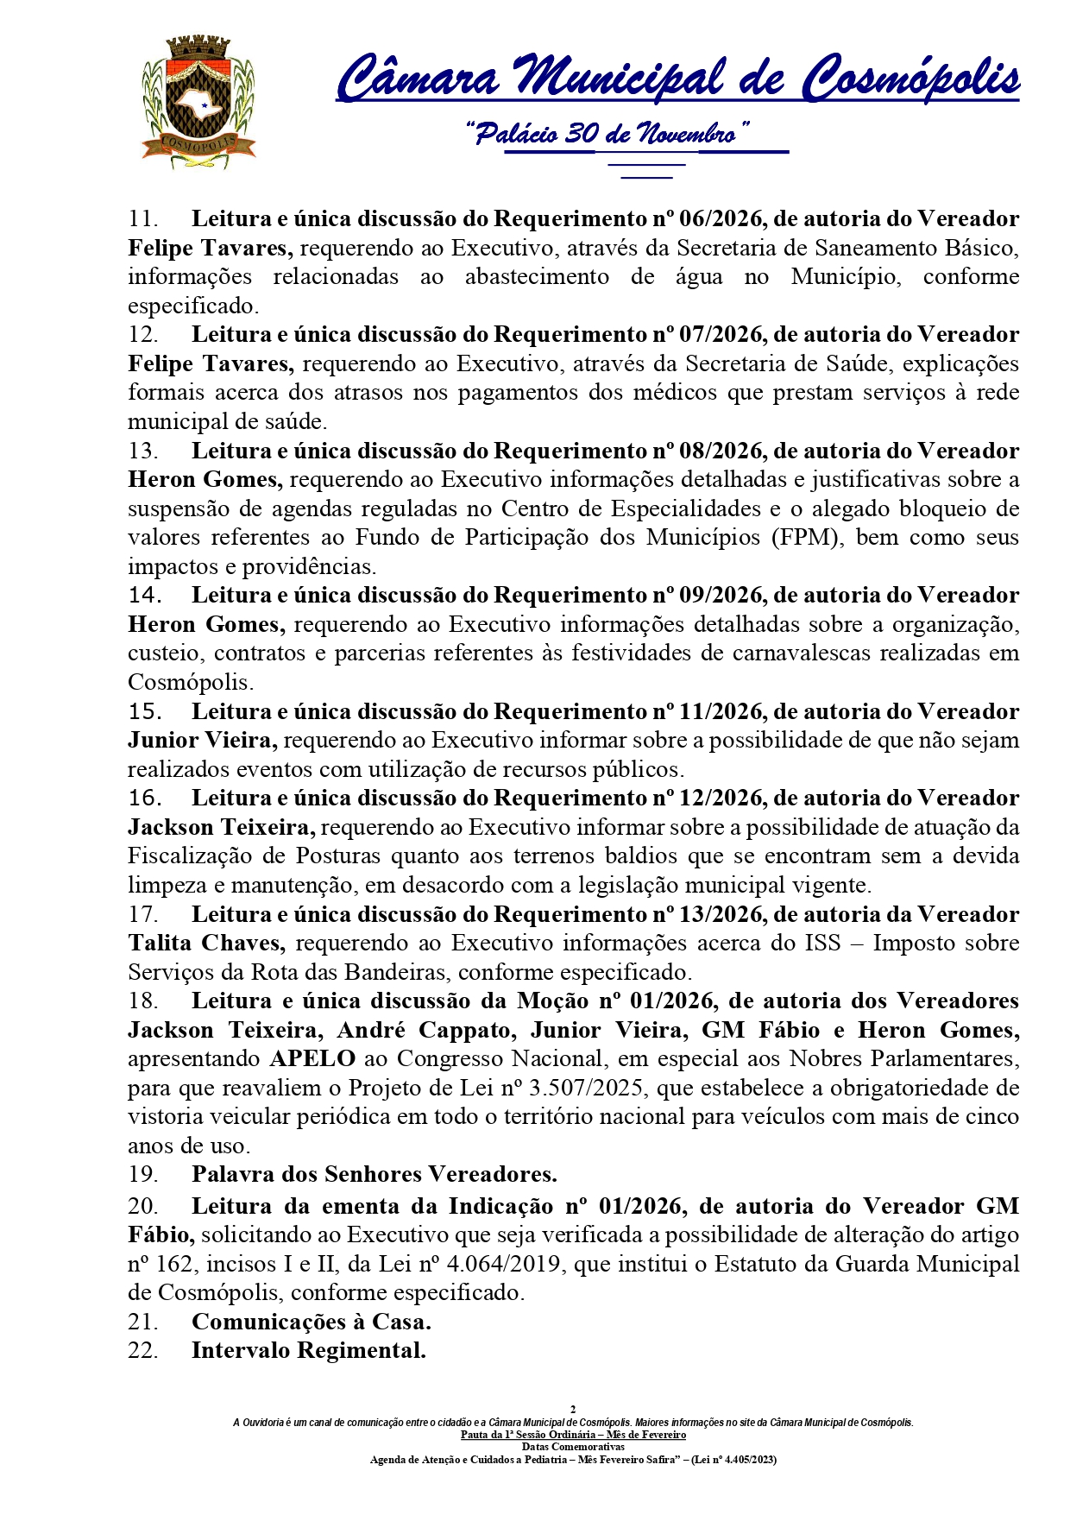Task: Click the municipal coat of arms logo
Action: tap(198, 101)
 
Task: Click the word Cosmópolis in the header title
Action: tap(910, 78)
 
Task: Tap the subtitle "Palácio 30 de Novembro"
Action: tap(607, 134)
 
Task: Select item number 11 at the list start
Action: tap(143, 219)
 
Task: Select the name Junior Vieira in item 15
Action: tap(202, 741)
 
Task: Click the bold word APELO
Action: tap(312, 1059)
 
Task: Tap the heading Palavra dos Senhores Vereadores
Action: tap(374, 1175)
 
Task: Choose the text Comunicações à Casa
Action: tap(311, 1322)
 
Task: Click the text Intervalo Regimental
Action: tap(308, 1351)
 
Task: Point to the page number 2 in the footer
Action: tap(573, 1410)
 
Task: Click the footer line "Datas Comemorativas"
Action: tap(573, 1447)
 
